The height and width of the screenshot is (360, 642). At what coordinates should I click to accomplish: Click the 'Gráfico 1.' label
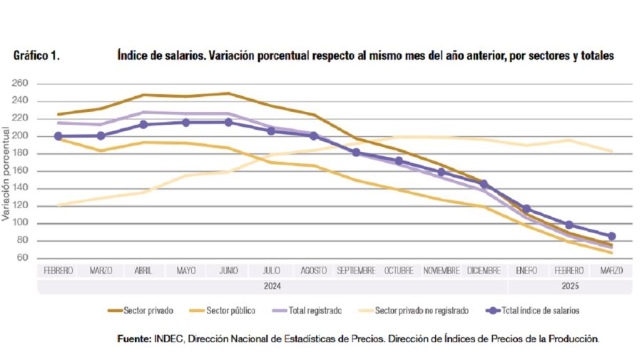36,56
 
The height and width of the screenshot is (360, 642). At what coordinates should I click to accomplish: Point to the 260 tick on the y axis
20,83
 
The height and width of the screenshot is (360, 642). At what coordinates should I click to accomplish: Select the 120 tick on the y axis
20,206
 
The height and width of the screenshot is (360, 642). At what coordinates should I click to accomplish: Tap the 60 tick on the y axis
22,258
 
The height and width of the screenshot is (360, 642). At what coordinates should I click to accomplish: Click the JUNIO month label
228,271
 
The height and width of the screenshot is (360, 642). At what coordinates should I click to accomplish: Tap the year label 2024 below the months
272,286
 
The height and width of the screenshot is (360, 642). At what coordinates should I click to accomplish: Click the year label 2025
569,286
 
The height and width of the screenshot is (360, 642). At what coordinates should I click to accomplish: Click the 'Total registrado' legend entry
313,311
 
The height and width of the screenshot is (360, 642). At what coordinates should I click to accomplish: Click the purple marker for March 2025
611,236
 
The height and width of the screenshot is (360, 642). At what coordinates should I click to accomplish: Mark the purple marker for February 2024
58,136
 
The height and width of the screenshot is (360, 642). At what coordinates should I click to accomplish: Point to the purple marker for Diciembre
484,184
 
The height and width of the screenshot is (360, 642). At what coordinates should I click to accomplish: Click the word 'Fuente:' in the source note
133,339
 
